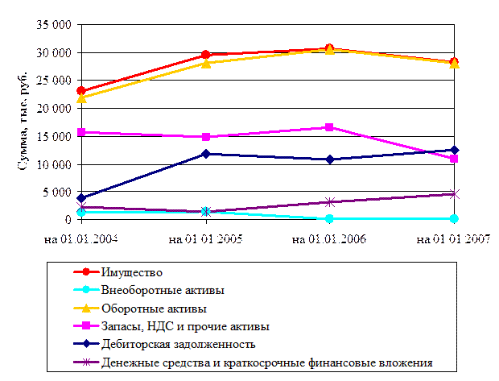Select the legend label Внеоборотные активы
(x=163, y=290)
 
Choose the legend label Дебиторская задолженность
(x=179, y=345)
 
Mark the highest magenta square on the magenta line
(x=329, y=127)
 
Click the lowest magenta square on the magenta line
(x=454, y=159)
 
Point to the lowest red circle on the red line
(x=81, y=91)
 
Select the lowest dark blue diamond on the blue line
(x=81, y=198)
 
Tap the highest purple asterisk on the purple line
(x=454, y=193)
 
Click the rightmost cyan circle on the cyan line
(x=454, y=218)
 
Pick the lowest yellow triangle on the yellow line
(x=81, y=98)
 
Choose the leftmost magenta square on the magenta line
(x=81, y=132)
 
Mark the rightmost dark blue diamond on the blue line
(x=454, y=150)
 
